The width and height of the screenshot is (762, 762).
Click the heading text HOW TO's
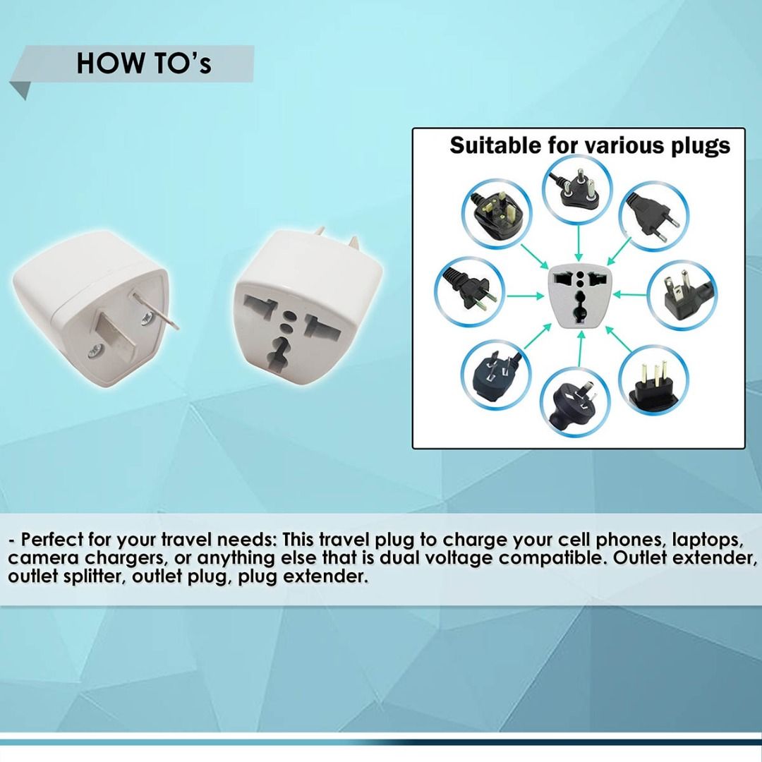[x=143, y=63]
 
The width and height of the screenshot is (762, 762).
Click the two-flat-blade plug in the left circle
[x=469, y=290]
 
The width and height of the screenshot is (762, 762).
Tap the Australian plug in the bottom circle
[x=576, y=400]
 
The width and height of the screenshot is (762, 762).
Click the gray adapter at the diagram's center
[x=578, y=297]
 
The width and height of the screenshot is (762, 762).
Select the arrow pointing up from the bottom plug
[x=578, y=351]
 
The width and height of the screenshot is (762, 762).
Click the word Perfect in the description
[x=53, y=540]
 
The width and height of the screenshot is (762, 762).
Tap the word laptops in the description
[x=705, y=540]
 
